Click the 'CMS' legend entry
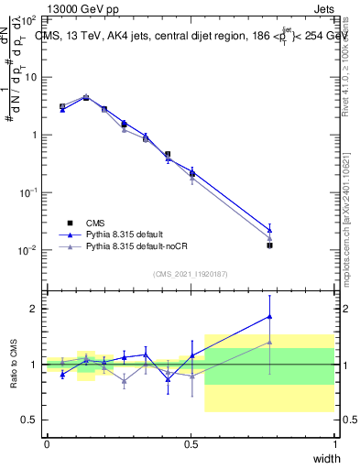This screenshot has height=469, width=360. (94, 223)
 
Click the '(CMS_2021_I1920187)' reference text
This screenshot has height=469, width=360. (191, 273)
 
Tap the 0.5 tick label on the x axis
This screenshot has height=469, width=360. (191, 444)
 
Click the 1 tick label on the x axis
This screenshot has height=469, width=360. (335, 444)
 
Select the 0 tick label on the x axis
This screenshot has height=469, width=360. (47, 444)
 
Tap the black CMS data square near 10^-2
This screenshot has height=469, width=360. (269, 245)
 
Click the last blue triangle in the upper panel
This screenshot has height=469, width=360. (269, 231)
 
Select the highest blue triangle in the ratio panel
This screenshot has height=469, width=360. (269, 316)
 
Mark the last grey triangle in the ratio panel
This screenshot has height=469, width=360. (269, 342)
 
